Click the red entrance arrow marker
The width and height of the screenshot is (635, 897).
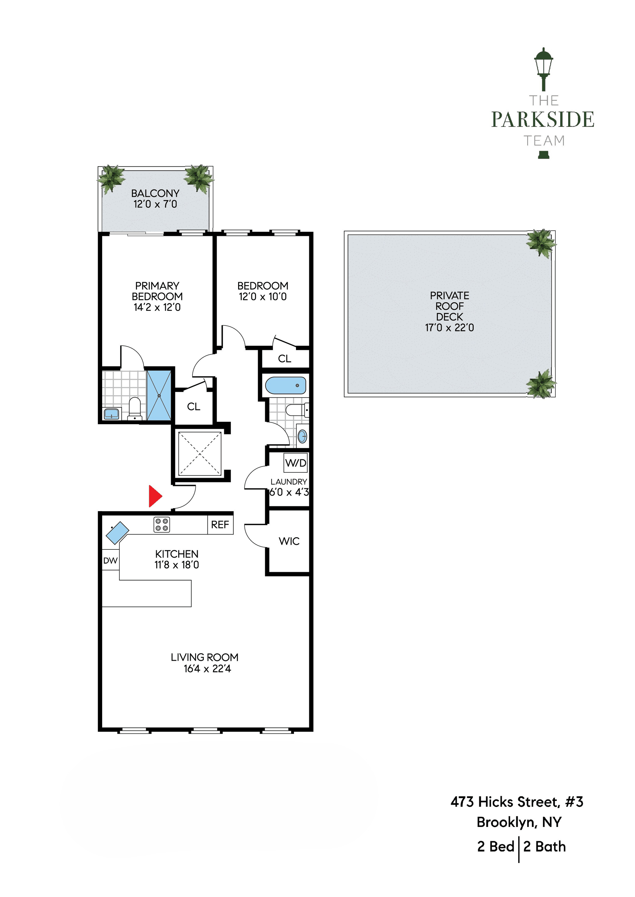point(155,496)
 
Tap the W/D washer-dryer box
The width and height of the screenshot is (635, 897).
point(296,463)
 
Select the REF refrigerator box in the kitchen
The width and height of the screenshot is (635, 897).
point(220,525)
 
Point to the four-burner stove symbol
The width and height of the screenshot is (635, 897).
point(161,524)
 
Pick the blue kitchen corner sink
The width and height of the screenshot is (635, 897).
point(118,533)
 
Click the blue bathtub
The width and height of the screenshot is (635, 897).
point(285,386)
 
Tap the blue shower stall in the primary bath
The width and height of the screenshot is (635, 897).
point(159,395)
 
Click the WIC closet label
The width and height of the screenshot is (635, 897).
point(289,541)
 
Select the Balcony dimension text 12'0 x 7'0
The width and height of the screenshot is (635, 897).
point(155,204)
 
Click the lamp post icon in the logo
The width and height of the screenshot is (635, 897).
point(543,69)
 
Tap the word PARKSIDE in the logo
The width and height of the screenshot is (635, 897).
point(543,120)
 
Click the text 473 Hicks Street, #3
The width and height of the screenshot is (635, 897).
point(517,802)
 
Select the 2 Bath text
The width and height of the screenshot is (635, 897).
point(545,846)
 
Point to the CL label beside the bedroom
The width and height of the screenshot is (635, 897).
point(285,359)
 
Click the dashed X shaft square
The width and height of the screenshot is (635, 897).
point(200,454)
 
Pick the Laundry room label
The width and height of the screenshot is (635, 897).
point(289,482)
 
